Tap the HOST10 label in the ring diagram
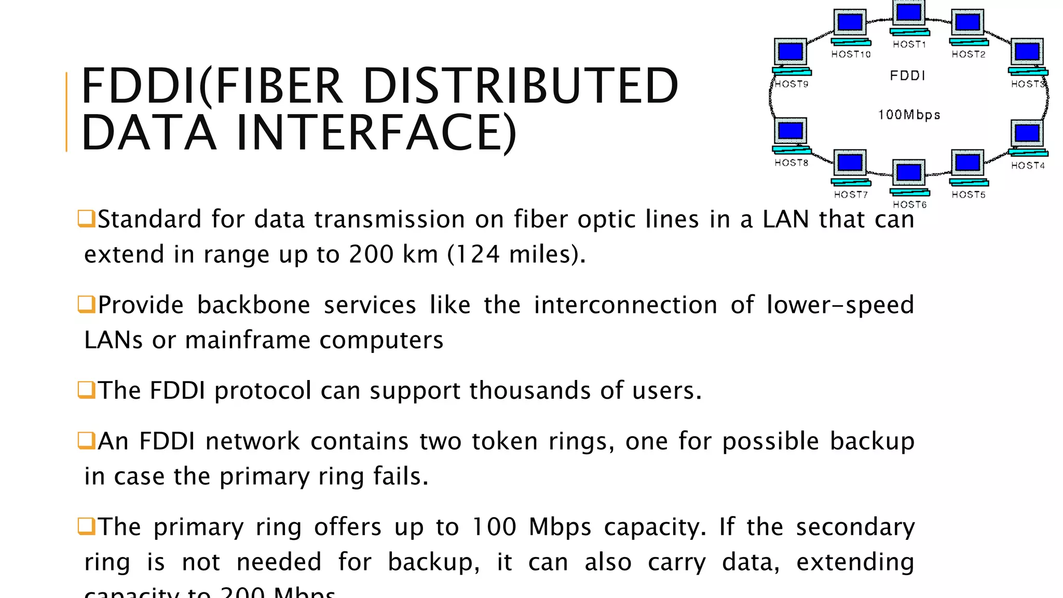[x=851, y=54]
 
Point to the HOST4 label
[x=1028, y=166]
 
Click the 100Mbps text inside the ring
[x=909, y=115]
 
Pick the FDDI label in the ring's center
[x=908, y=76]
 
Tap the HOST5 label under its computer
[x=968, y=195]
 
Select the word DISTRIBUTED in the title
[x=521, y=86]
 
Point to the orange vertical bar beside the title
[x=66, y=112]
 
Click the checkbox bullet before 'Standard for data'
[x=86, y=219]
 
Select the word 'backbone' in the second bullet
[x=253, y=305]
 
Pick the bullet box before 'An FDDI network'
[x=86, y=440]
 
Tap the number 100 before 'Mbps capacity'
[x=494, y=527]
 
